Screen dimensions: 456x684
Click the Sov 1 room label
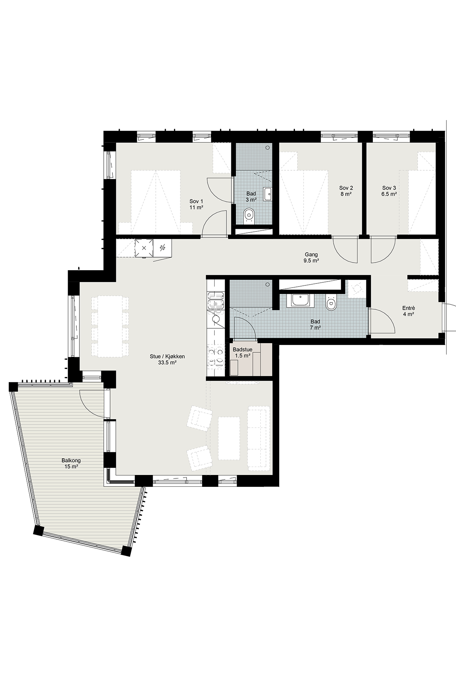point(196,204)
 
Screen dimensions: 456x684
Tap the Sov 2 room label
point(346,191)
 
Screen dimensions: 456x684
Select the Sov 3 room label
point(389,191)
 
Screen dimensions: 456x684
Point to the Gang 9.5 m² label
point(311,258)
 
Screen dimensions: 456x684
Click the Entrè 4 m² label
point(408,311)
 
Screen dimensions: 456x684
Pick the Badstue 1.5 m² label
point(242,352)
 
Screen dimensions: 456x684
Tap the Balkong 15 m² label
point(71,463)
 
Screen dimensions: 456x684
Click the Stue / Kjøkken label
point(167,356)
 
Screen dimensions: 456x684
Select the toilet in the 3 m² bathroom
point(249,215)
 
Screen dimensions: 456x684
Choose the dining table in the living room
point(110,326)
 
